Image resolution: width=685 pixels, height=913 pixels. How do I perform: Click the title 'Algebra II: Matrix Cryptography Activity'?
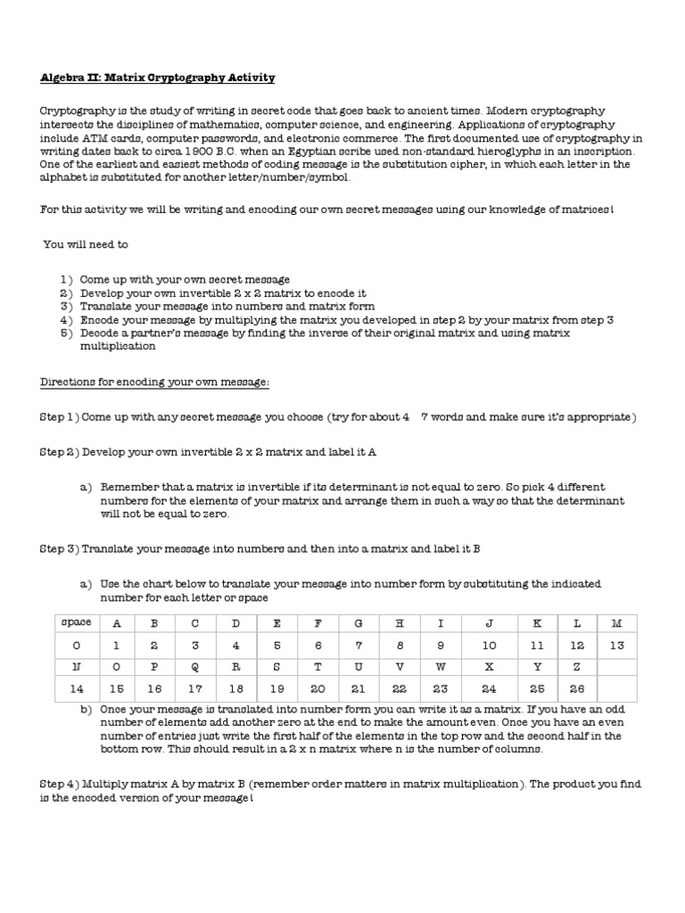[158, 78]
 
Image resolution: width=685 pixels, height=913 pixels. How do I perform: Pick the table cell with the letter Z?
[577, 666]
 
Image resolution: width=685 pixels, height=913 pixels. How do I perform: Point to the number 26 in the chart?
[577, 688]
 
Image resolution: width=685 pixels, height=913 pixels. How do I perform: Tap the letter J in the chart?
[490, 621]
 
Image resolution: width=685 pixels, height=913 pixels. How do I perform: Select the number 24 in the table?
[490, 688]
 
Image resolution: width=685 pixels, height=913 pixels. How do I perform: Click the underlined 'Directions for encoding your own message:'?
[154, 382]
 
